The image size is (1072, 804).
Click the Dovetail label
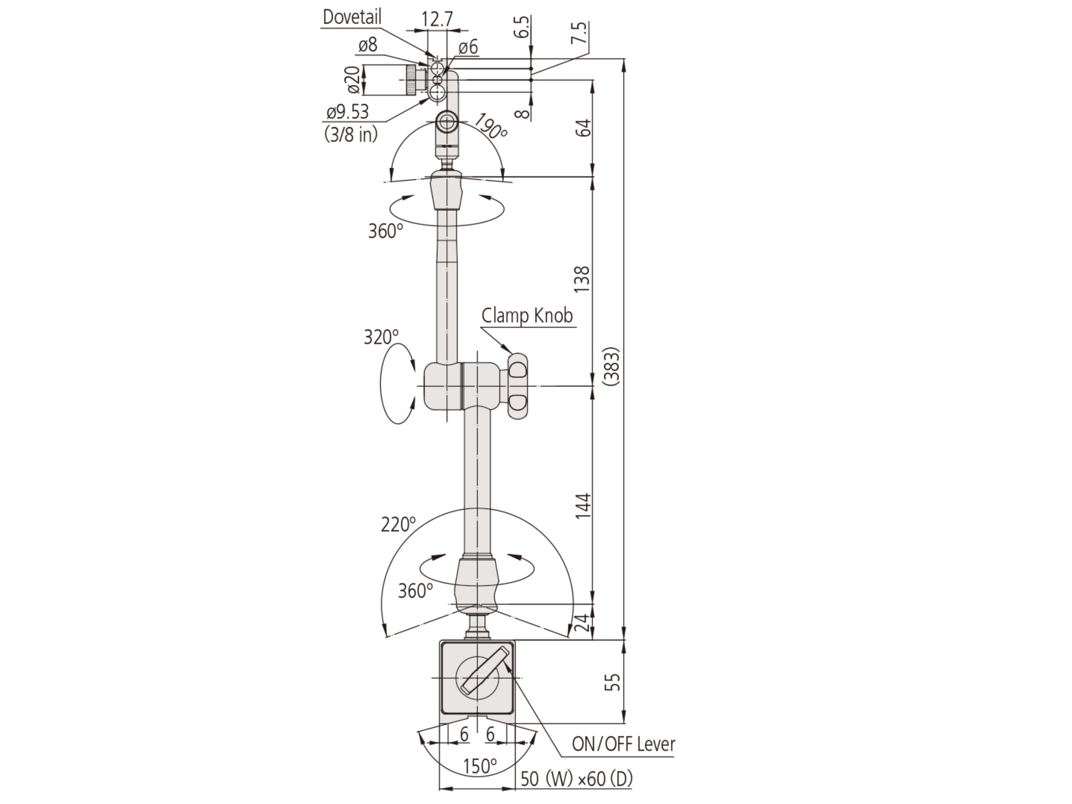(x=352, y=17)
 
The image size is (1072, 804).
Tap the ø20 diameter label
(x=354, y=80)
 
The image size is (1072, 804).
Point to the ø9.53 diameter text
(x=347, y=112)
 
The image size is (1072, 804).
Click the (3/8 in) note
(x=351, y=134)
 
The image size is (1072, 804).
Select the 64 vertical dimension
(x=585, y=127)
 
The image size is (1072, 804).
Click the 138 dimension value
(x=582, y=279)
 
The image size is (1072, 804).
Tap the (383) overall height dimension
(x=612, y=366)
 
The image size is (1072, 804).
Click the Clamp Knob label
(x=527, y=316)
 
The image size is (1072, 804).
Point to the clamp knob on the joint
(x=518, y=386)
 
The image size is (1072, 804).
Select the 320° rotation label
(x=381, y=337)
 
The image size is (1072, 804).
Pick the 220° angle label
(x=398, y=524)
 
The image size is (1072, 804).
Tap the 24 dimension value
(x=585, y=622)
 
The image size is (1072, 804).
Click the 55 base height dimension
(x=613, y=682)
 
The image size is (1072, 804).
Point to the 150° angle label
(x=479, y=766)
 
